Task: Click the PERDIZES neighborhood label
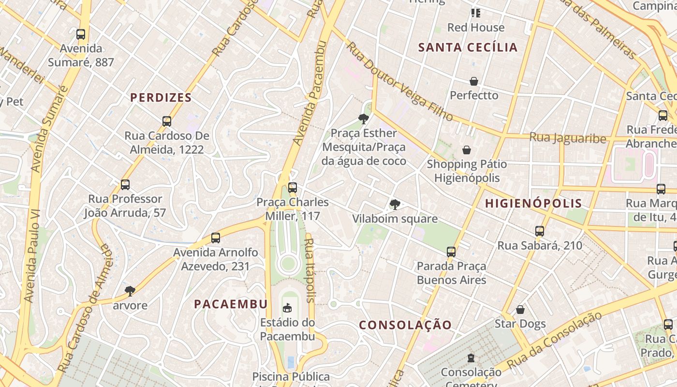coord(161,98)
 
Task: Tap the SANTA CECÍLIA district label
coord(468,47)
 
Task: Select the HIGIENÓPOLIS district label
coord(533,203)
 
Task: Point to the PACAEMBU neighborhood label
coord(231,304)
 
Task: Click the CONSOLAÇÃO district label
coord(405,325)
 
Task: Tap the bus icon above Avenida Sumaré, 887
coord(81,34)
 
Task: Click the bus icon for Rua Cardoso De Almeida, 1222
coord(167,121)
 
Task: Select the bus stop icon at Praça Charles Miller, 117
coord(292,188)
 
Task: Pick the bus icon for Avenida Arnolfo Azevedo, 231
coord(216,238)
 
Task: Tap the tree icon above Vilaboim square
coord(395,204)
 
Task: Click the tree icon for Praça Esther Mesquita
coord(363,119)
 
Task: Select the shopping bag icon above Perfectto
coord(474,81)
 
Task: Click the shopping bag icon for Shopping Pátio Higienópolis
coord(467,150)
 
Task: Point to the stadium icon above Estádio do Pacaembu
coord(287,308)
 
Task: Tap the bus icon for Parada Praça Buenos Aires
coord(451,252)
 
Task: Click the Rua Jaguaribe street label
coord(568,138)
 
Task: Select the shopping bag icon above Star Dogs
coord(520,309)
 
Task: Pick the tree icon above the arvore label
coord(130,291)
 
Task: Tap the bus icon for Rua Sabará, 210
coord(540,231)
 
